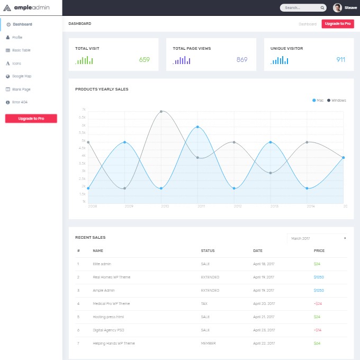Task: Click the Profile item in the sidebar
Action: (x=17, y=37)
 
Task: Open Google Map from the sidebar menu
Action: (x=22, y=76)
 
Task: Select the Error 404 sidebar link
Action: (x=20, y=102)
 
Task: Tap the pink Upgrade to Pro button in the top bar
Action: (x=337, y=24)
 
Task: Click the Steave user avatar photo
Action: (x=337, y=7)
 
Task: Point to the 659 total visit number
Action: (x=145, y=60)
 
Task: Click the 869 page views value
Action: (x=242, y=60)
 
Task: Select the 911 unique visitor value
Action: (x=340, y=60)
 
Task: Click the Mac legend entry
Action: (x=318, y=100)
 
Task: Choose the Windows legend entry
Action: (x=337, y=100)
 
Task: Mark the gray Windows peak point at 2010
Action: (x=161, y=112)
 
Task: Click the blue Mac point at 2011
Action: (x=197, y=127)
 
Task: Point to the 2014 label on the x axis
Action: (x=310, y=206)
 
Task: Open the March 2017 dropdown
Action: (x=318, y=238)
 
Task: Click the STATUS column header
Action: (x=208, y=251)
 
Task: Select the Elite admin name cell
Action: (x=102, y=264)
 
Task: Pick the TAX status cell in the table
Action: (x=204, y=303)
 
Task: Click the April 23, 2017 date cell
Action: (x=264, y=330)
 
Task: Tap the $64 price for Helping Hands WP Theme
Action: (x=317, y=343)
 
